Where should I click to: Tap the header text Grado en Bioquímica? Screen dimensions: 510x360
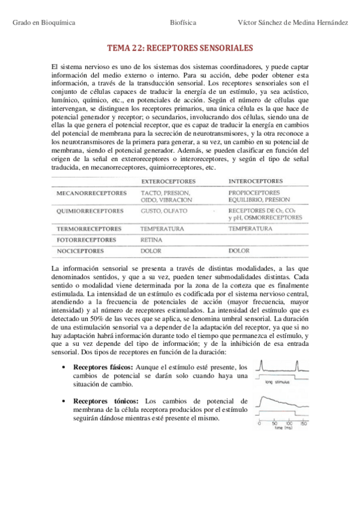(x=44, y=22)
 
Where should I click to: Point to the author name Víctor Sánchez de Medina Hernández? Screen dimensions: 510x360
(x=292, y=22)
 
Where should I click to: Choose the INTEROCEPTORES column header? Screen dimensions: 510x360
(x=255, y=180)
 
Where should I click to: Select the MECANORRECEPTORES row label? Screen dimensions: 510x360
(x=91, y=193)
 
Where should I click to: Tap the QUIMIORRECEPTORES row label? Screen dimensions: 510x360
(x=90, y=211)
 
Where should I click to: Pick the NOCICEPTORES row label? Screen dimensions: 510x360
(x=79, y=250)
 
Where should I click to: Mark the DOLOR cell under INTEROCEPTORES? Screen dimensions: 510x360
(x=239, y=250)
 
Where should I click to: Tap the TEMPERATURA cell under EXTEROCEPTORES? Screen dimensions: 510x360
(x=162, y=229)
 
